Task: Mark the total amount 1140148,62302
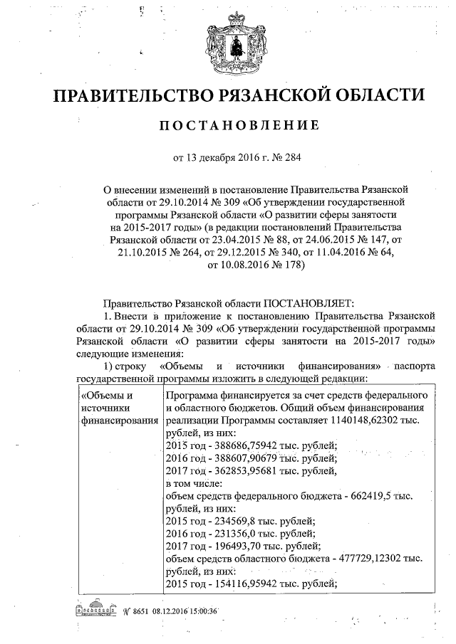(x=366, y=420)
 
